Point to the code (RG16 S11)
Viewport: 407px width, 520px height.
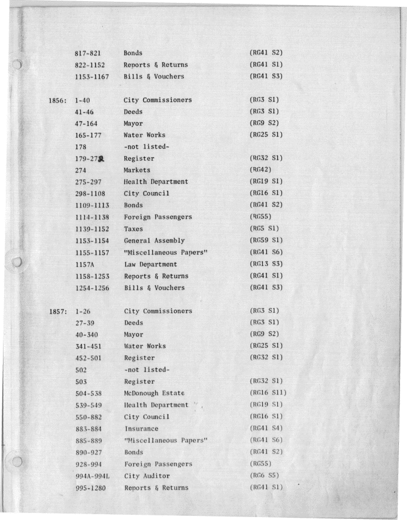click(x=268, y=393)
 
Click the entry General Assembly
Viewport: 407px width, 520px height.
click(x=154, y=240)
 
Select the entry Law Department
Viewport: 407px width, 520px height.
click(x=151, y=264)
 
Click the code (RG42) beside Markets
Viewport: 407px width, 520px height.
click(x=259, y=170)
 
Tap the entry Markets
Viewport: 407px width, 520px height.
click(x=137, y=170)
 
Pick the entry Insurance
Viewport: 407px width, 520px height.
click(x=141, y=429)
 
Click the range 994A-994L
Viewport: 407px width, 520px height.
click(x=93, y=476)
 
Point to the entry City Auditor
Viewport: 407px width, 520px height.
click(x=147, y=476)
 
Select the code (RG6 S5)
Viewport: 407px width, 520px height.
click(x=263, y=476)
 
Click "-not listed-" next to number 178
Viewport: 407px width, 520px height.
click(x=147, y=147)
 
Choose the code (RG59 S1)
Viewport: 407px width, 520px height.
click(x=266, y=240)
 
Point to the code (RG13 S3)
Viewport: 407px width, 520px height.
click(x=266, y=264)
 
